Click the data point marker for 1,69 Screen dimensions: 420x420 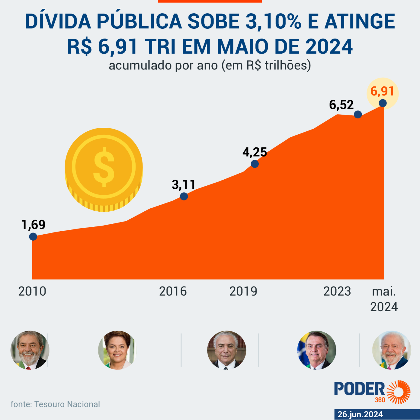pyautogui.click(x=33, y=237)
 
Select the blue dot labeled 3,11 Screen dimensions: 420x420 pyautogui.click(x=184, y=196)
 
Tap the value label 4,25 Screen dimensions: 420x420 pyautogui.click(x=255, y=152)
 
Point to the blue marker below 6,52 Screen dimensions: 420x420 pyautogui.click(x=358, y=115)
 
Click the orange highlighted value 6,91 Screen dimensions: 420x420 pyautogui.click(x=382, y=91)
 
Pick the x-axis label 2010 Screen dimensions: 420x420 pyautogui.click(x=32, y=291)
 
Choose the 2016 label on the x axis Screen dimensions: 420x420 pyautogui.click(x=173, y=291)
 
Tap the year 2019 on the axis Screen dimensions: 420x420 pyautogui.click(x=243, y=291)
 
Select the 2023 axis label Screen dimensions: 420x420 pyautogui.click(x=337, y=291)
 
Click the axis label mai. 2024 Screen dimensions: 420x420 pyautogui.click(x=384, y=299)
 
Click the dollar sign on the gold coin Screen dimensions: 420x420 pyautogui.click(x=104, y=167)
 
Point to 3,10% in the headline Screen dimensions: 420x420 pyautogui.click(x=273, y=21)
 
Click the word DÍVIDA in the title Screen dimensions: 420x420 pyautogui.click(x=58, y=21)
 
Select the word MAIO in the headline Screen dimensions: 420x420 pyautogui.click(x=243, y=46)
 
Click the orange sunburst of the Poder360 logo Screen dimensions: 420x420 pyautogui.click(x=399, y=392)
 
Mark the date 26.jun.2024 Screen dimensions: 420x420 pyautogui.click(x=360, y=415)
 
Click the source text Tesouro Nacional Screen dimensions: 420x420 pyautogui.click(x=67, y=404)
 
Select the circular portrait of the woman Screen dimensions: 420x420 pyautogui.click(x=118, y=350)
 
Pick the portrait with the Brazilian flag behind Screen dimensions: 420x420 pyautogui.click(x=317, y=350)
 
